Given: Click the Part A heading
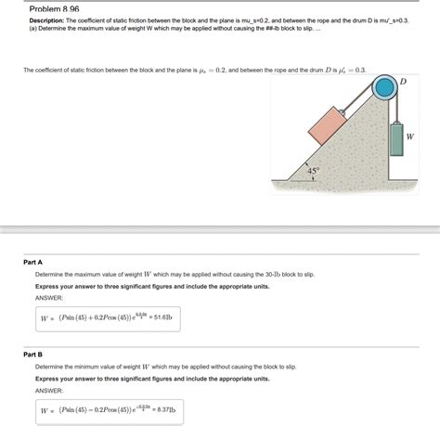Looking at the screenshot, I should [x=33, y=262].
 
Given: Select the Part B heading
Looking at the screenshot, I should [x=33, y=354].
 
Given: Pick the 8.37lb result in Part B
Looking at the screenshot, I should [x=160, y=409].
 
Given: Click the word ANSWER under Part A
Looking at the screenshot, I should [x=48, y=298].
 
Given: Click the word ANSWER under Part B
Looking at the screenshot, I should [x=48, y=390].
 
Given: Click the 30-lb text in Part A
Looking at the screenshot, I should [x=260, y=275].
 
